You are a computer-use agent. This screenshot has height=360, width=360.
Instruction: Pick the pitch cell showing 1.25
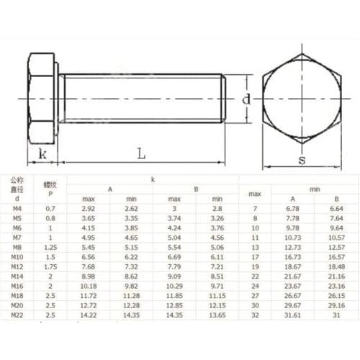[x=50, y=246]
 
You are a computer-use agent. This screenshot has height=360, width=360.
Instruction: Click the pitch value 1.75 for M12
[x=50, y=266]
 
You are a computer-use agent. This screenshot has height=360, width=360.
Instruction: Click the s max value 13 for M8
[x=254, y=246]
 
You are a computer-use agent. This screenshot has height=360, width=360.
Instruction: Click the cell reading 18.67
[x=292, y=266]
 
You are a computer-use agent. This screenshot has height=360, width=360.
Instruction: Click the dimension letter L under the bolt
[x=141, y=153]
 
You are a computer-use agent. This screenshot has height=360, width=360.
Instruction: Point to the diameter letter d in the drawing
[x=246, y=99]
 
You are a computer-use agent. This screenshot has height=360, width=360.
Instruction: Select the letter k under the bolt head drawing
[x=42, y=153]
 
